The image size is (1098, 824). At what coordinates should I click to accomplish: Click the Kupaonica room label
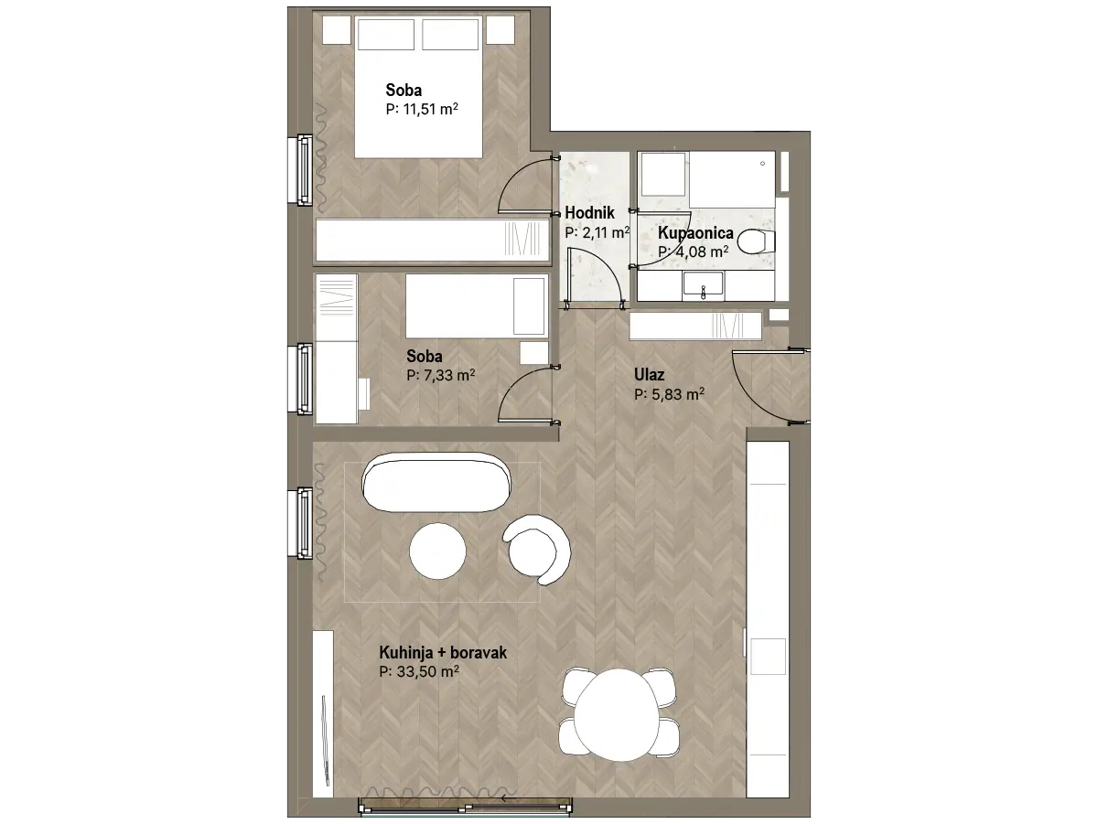(695, 232)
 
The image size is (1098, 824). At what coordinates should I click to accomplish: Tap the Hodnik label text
(589, 212)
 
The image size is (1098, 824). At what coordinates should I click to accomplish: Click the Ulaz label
(650, 374)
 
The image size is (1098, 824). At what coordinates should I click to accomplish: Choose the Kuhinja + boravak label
(443, 652)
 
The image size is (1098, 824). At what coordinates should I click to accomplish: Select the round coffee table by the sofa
(437, 551)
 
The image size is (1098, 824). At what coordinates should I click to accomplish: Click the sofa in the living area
(436, 482)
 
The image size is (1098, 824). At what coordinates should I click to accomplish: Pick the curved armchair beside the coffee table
(537, 549)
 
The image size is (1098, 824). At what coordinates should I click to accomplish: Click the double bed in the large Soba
(419, 87)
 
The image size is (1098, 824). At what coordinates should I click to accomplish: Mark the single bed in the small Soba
(476, 305)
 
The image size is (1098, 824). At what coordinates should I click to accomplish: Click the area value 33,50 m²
(419, 671)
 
